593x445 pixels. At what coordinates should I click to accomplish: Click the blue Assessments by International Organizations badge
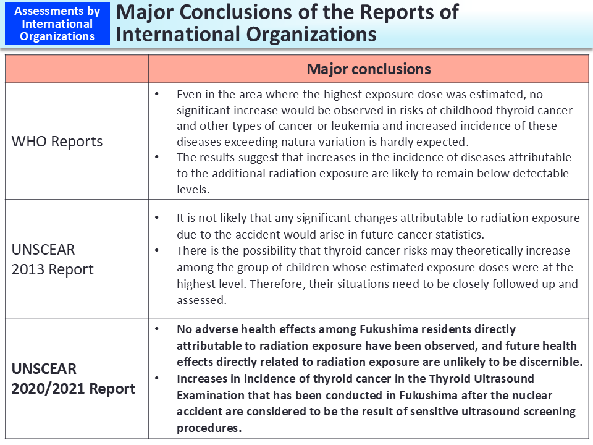[x=57, y=24]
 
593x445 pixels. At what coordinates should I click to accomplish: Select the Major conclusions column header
[x=368, y=69]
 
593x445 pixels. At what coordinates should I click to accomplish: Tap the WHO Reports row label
[x=57, y=141]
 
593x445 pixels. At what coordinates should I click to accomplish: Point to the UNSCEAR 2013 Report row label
[x=53, y=260]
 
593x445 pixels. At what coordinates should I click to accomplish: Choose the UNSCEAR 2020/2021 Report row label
[x=73, y=379]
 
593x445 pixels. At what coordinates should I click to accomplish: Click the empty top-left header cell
[x=77, y=69]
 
